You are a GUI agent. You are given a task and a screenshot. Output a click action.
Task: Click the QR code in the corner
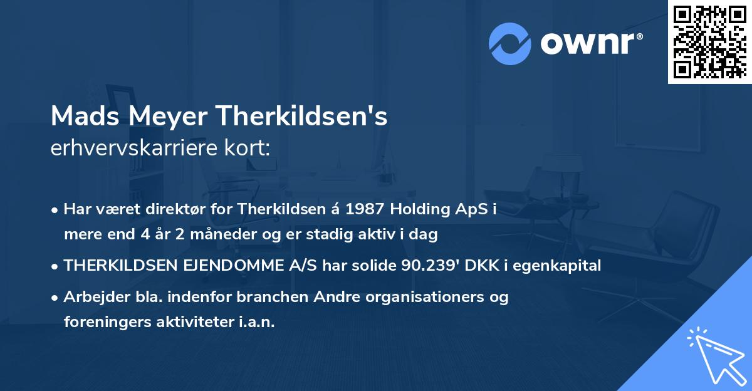(x=709, y=41)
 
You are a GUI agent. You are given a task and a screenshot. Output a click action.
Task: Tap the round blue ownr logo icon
(x=509, y=43)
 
